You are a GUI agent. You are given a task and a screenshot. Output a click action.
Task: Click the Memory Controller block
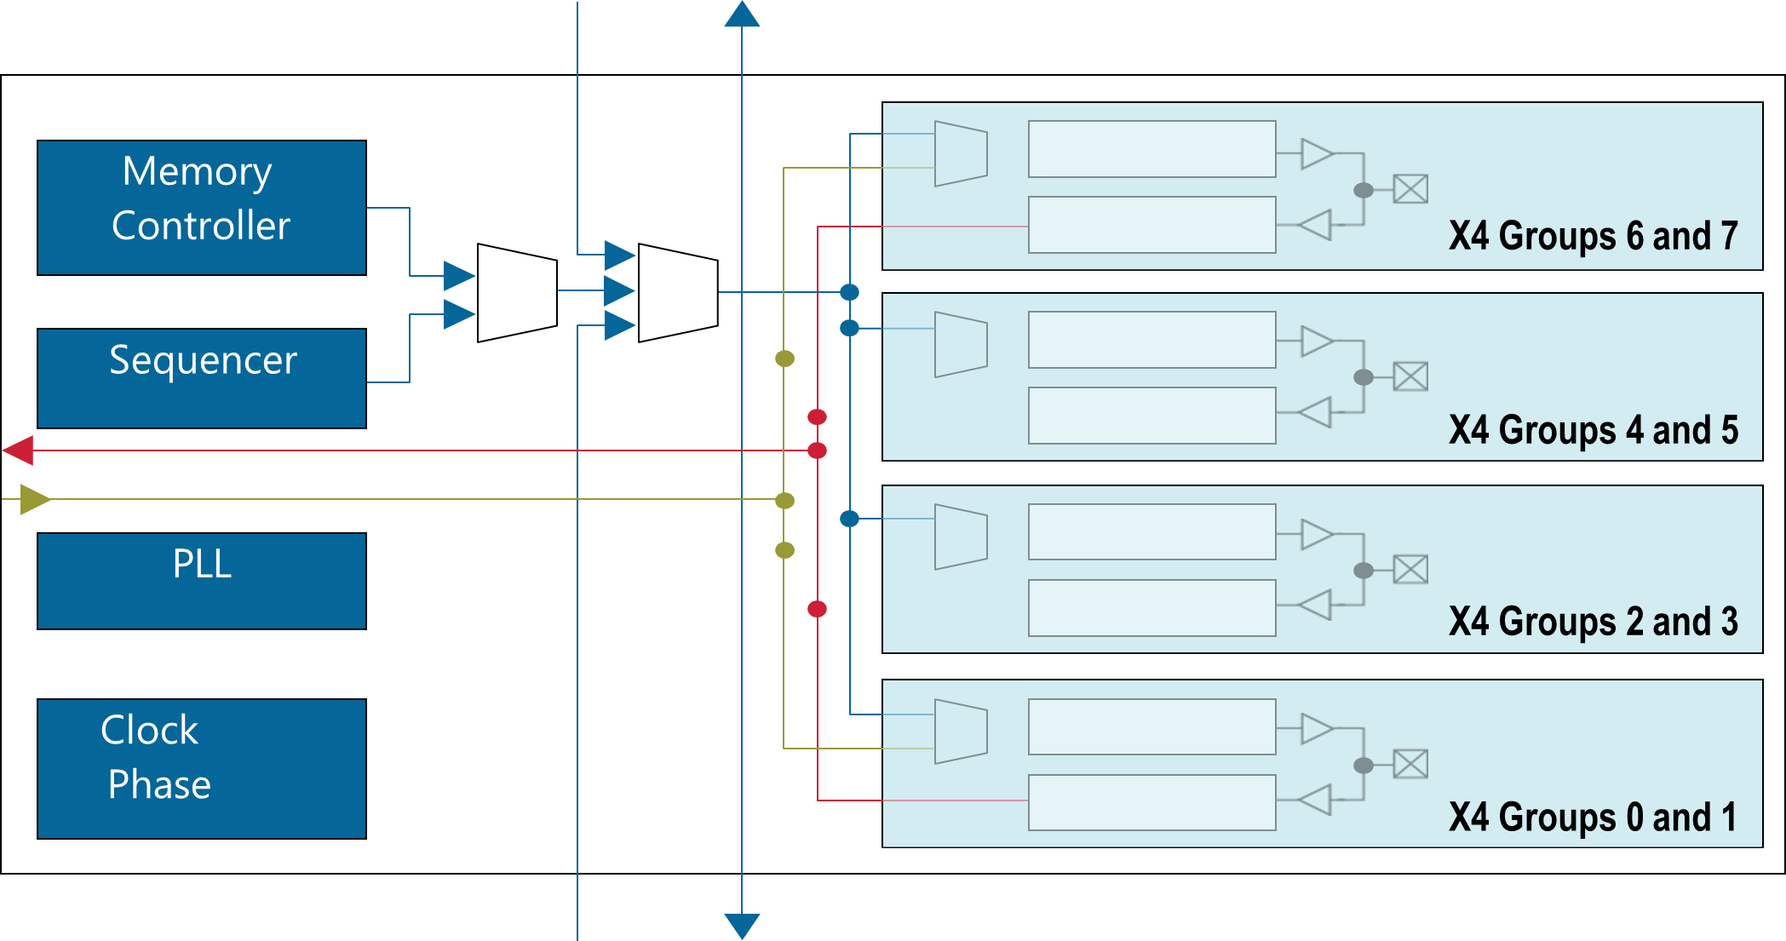click(x=202, y=207)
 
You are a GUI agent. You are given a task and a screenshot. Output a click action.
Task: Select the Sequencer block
click(x=202, y=378)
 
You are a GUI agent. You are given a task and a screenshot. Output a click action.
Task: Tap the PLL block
click(x=202, y=581)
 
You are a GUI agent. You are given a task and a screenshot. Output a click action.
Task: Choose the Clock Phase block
click(x=202, y=768)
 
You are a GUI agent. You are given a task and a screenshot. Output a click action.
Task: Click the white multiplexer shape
click(x=678, y=293)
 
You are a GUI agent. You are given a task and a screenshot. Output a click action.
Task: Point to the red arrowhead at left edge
click(x=19, y=450)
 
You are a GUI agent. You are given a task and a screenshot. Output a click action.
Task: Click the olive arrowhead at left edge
click(x=35, y=499)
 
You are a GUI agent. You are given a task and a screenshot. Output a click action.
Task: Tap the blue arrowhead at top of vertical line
click(x=742, y=14)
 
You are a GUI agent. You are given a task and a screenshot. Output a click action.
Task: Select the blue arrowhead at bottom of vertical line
click(x=742, y=926)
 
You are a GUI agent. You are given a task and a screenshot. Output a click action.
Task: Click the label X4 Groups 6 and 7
click(x=1593, y=236)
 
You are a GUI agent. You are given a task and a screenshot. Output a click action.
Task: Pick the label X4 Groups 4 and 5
click(x=1593, y=430)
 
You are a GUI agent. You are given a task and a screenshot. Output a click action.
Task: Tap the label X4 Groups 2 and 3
click(x=1593, y=622)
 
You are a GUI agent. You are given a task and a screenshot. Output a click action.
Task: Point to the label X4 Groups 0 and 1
click(x=1593, y=817)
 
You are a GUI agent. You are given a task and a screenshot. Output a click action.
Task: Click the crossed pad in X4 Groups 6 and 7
click(x=1410, y=189)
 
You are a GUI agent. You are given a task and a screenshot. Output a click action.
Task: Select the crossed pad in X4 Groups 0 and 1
click(x=1410, y=764)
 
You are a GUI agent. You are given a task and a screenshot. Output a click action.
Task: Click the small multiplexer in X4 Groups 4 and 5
click(x=961, y=344)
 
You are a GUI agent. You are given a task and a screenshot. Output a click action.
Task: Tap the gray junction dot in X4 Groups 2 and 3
click(x=1364, y=571)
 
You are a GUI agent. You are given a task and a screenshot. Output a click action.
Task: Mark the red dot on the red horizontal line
click(x=817, y=450)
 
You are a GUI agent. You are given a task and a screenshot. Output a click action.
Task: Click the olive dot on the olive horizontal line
click(x=784, y=501)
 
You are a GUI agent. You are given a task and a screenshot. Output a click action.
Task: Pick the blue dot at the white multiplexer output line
click(x=849, y=293)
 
